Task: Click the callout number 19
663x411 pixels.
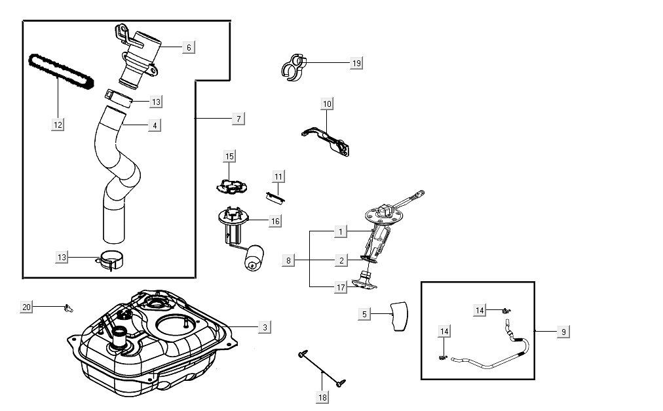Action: point(356,63)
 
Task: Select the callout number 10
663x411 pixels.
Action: point(328,104)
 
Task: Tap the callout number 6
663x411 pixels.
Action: point(189,47)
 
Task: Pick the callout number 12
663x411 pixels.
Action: point(58,123)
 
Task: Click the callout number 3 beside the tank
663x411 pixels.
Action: point(264,327)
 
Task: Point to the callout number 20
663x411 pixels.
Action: point(27,307)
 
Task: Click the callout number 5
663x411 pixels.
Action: point(365,314)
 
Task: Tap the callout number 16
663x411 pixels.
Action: point(275,222)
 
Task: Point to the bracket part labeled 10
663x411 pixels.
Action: point(328,140)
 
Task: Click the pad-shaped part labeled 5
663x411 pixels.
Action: point(399,316)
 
